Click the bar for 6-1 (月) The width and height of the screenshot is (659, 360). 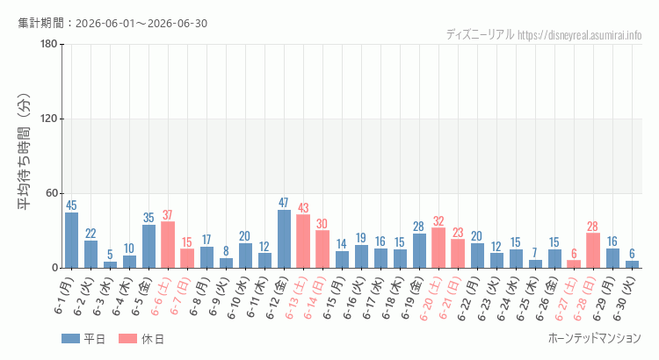[x=71, y=241]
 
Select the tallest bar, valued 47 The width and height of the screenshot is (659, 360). [x=284, y=239]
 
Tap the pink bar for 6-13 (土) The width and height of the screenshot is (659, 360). [x=303, y=241]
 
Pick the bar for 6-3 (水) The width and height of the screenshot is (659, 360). [x=110, y=265]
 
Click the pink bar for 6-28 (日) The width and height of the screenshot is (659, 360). [x=593, y=250]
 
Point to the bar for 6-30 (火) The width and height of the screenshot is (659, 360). [x=632, y=264]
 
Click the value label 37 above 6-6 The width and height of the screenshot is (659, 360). [x=168, y=215]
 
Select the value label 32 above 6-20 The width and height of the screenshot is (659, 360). [x=438, y=221]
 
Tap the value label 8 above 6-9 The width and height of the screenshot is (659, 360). [x=226, y=251]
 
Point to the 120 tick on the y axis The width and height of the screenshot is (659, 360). [x=48, y=119]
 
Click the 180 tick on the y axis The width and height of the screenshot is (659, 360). [x=48, y=44]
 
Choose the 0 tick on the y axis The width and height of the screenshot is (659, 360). [x=54, y=268]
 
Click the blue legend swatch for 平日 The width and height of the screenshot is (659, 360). [x=70, y=339]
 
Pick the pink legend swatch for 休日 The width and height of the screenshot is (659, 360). [x=127, y=339]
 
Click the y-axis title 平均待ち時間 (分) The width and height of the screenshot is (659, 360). [x=25, y=152]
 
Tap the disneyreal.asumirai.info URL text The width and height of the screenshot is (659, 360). [x=580, y=35]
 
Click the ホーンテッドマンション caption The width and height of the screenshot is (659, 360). [x=595, y=338]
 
